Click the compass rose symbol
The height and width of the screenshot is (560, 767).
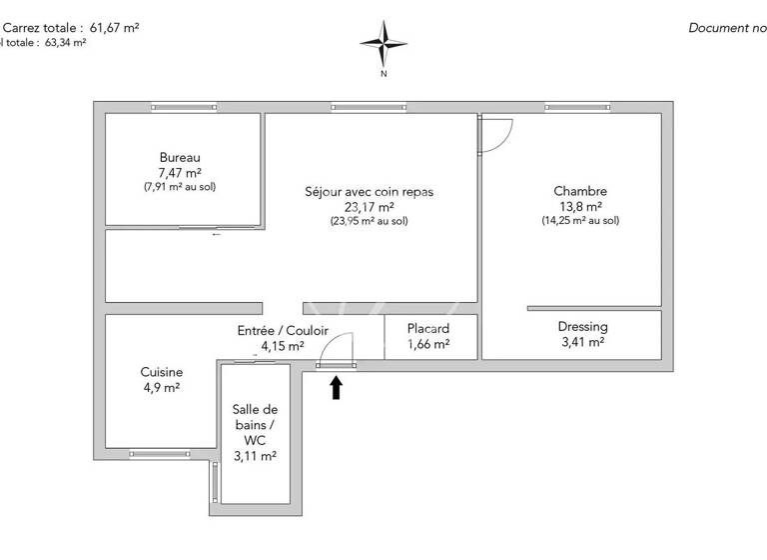(x=383, y=42)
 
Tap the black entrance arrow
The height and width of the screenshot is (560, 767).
(x=336, y=387)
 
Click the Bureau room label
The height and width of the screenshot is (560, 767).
(x=180, y=157)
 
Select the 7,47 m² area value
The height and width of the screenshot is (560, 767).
(x=180, y=172)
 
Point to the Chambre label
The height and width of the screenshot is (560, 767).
(x=580, y=191)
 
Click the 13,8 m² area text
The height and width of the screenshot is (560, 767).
(x=580, y=206)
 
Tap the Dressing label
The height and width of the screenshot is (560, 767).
(x=582, y=327)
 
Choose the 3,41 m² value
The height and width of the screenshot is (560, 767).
(x=582, y=342)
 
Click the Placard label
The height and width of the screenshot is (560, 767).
(x=428, y=328)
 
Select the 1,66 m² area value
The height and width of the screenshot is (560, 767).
(x=428, y=344)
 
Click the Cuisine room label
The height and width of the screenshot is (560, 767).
(x=162, y=372)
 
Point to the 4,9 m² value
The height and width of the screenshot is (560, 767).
(x=162, y=388)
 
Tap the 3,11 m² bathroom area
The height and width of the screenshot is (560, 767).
(x=255, y=456)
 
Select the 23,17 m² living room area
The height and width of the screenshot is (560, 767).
(x=370, y=207)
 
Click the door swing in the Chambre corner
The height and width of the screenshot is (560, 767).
(x=494, y=134)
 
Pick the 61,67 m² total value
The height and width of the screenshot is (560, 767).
(x=115, y=28)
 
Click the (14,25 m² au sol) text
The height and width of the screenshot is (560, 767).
(x=580, y=221)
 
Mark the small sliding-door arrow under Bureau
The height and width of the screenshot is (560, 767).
(x=217, y=235)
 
